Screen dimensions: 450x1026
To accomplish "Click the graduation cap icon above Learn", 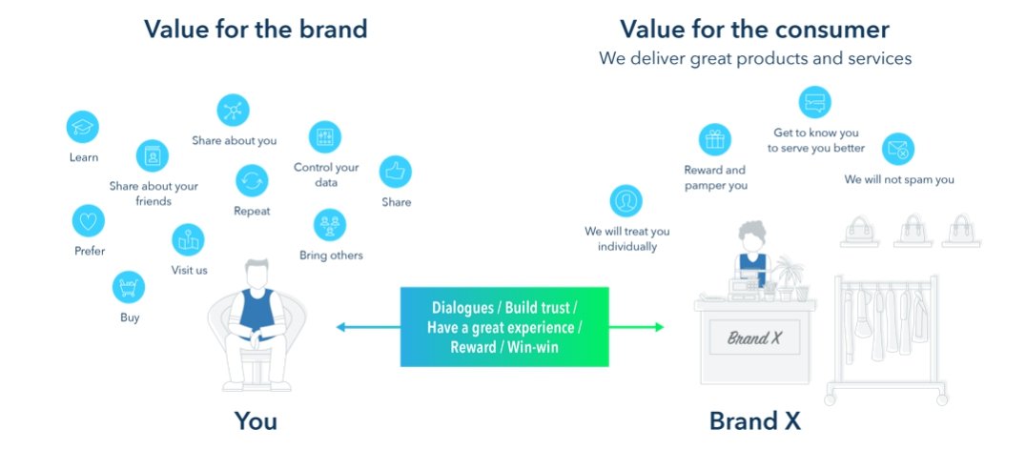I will click(x=83, y=127).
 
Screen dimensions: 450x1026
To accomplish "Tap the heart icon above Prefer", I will click(x=89, y=221).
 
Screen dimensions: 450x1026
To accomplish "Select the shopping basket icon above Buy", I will click(x=128, y=287).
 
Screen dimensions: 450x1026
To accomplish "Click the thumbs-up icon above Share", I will click(x=396, y=172).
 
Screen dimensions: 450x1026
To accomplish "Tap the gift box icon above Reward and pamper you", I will click(x=714, y=140).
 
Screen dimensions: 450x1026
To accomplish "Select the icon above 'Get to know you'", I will click(x=814, y=101).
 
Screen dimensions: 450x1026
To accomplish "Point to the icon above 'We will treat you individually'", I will click(x=626, y=200).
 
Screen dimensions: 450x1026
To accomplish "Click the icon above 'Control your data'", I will click(x=325, y=136).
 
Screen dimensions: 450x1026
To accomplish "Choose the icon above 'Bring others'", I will click(x=330, y=225).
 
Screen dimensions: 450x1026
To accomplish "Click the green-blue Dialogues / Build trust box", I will click(x=504, y=327).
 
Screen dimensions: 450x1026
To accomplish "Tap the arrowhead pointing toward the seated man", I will click(x=340, y=327).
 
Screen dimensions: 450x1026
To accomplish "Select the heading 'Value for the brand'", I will click(x=256, y=29).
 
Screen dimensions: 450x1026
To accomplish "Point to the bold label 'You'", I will click(x=256, y=420).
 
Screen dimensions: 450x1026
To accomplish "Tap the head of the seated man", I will click(x=255, y=274).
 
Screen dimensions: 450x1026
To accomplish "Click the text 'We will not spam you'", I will click(x=898, y=179).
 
